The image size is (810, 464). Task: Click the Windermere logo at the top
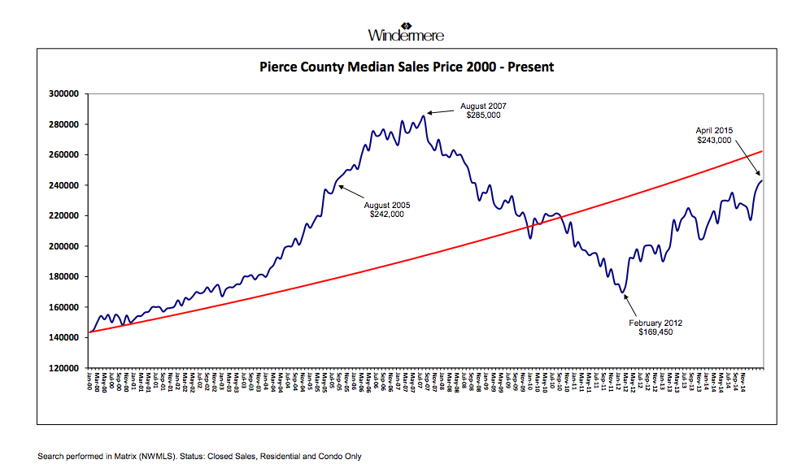tap(406, 30)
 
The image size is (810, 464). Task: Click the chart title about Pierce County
tap(406, 67)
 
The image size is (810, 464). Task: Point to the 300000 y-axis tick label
tap(62, 93)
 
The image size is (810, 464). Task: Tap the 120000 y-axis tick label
tap(62, 368)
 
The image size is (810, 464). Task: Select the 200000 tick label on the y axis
tap(62, 246)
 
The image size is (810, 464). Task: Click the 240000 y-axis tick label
tap(62, 185)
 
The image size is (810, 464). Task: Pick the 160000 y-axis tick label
tap(62, 307)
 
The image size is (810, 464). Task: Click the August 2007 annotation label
tap(483, 106)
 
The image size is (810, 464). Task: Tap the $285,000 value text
tap(483, 115)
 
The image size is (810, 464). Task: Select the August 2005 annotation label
tap(386, 205)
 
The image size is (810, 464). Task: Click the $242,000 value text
tap(386, 215)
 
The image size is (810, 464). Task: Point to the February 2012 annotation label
tap(655, 323)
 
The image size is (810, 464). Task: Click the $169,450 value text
tap(655, 332)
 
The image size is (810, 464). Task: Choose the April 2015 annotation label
tap(714, 130)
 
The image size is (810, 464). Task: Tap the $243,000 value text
tap(714, 140)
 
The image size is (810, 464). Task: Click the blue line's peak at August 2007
tap(425, 115)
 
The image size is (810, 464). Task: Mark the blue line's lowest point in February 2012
tap(622, 293)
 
